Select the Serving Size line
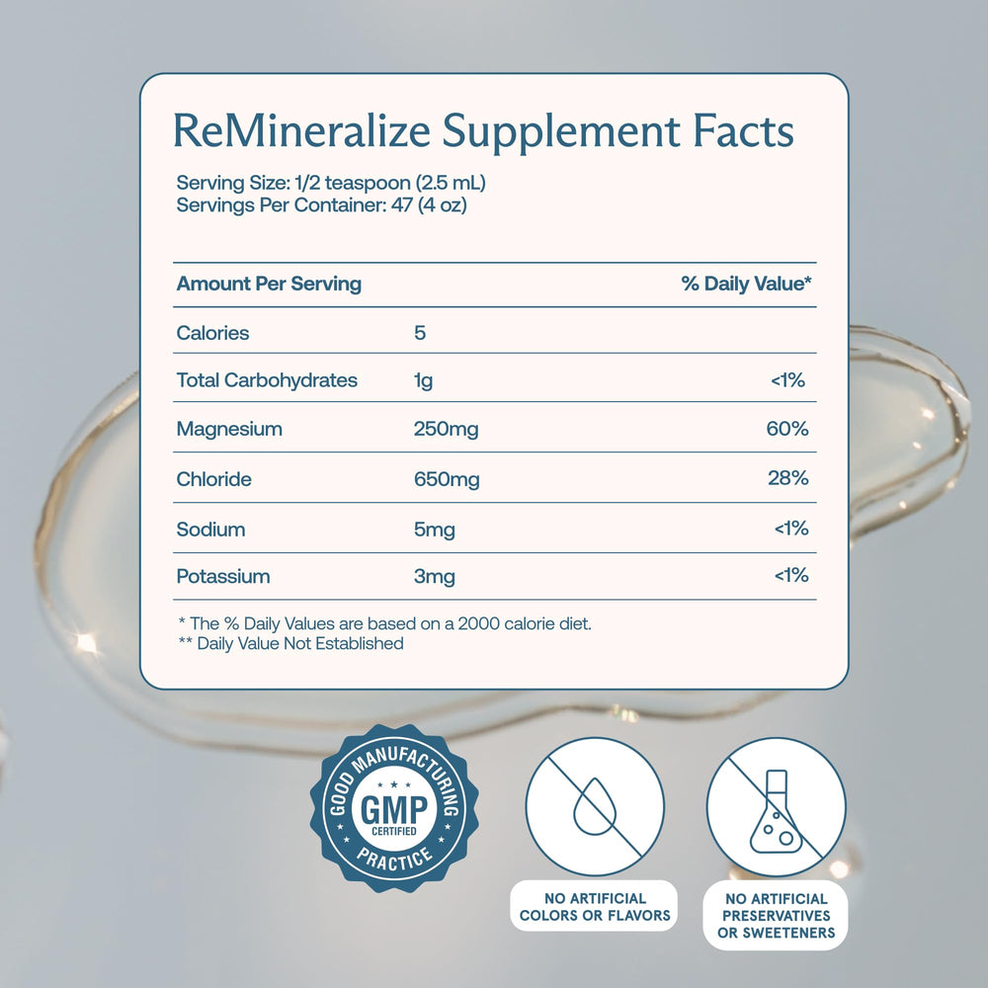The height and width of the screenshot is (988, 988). (331, 184)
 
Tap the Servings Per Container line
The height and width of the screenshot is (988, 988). (321, 206)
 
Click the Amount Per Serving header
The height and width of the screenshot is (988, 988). (269, 285)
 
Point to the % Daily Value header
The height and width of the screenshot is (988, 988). (746, 285)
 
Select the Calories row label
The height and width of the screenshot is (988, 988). (212, 333)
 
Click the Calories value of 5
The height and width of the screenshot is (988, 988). (420, 333)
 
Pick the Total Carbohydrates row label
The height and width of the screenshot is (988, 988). (267, 380)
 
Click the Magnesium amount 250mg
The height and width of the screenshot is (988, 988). (446, 430)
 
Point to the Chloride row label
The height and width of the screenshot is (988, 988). (213, 479)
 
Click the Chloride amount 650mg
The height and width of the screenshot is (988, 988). (447, 479)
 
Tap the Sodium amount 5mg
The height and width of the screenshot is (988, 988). (434, 530)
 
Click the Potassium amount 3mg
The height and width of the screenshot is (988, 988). (434, 576)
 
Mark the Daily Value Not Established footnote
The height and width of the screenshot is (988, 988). (290, 644)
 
